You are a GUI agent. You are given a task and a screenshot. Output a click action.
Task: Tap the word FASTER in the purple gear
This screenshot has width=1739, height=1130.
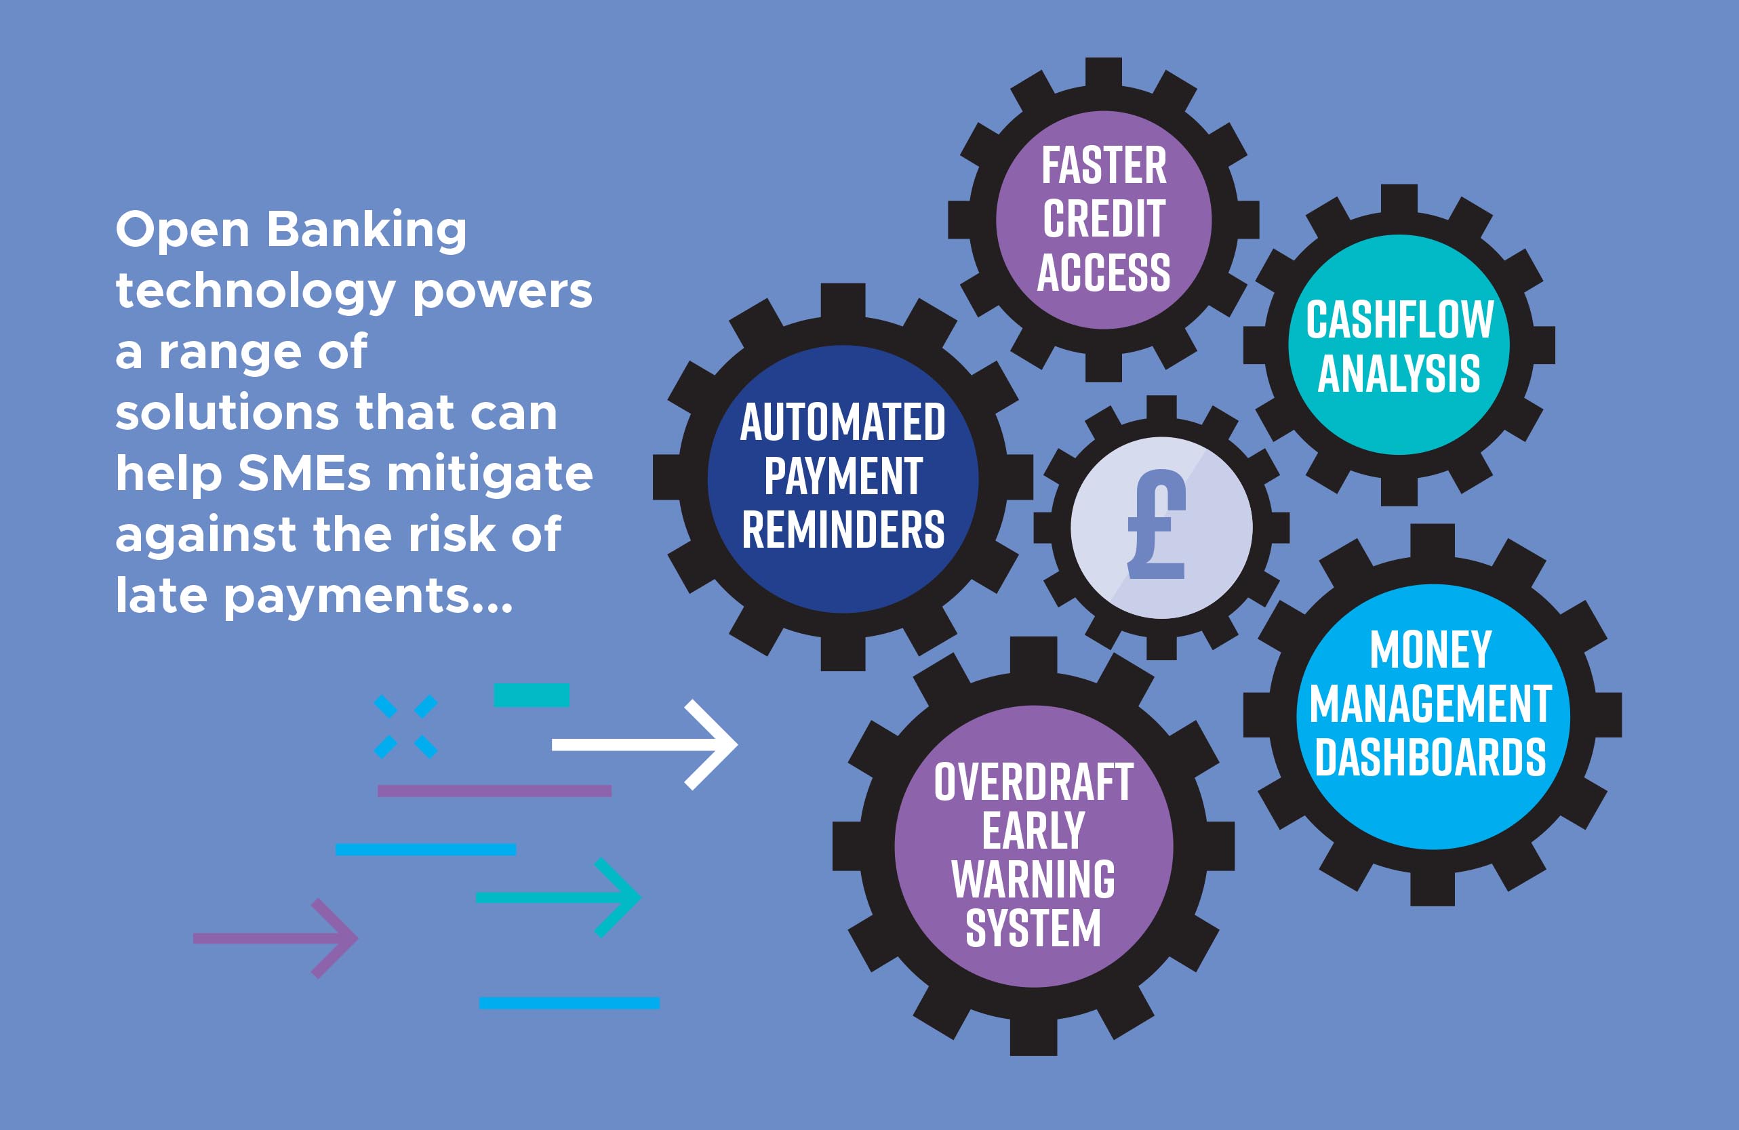point(1104,166)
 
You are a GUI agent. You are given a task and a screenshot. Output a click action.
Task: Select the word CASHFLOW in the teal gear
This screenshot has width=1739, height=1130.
point(1400,320)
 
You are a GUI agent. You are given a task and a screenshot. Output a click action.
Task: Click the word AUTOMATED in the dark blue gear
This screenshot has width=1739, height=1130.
point(843,422)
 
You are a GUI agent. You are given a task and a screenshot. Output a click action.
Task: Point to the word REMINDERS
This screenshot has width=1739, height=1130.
point(843,529)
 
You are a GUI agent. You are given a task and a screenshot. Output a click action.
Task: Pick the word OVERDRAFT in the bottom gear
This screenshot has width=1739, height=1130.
point(1034,782)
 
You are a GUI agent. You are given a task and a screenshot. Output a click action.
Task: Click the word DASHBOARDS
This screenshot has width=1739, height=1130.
point(1431,756)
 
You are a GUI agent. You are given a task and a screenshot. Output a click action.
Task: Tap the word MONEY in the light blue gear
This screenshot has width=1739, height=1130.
point(1431,649)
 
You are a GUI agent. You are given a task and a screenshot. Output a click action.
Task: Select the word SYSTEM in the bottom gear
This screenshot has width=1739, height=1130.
point(1033,929)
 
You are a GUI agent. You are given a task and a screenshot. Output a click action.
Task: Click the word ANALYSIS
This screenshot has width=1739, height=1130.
point(1399,374)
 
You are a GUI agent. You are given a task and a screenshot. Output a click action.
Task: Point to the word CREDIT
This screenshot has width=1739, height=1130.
point(1104,219)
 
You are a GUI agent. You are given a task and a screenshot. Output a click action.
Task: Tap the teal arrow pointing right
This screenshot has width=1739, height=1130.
point(558,897)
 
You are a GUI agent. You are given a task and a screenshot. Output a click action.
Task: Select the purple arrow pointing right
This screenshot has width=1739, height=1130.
point(275,939)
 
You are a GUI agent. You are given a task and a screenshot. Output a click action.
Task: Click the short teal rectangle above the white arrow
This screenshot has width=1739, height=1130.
point(532,695)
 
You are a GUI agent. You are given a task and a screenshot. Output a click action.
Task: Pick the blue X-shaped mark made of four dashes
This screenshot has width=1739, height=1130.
point(405,727)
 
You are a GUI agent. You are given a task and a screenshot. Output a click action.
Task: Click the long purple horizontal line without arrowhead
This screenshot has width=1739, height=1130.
point(495,791)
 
